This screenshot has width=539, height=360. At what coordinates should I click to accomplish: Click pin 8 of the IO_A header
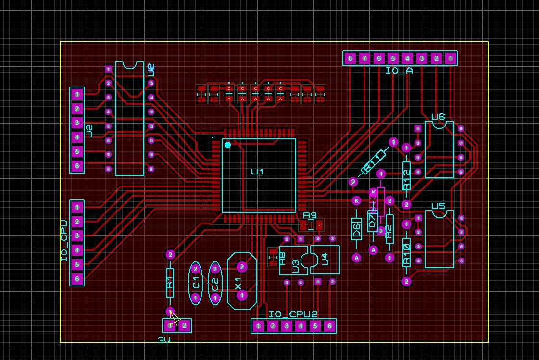click(350, 59)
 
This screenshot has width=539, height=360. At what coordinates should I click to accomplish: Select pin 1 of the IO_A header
click(451, 59)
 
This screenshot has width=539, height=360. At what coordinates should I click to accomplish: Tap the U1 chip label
click(258, 172)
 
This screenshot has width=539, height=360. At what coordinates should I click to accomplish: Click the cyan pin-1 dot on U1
click(228, 145)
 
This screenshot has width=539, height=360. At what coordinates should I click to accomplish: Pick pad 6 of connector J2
click(77, 166)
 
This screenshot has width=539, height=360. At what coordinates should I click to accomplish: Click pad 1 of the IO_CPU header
click(77, 207)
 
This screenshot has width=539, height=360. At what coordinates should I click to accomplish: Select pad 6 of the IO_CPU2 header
click(329, 326)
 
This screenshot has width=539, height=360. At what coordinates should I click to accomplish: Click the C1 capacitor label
click(196, 284)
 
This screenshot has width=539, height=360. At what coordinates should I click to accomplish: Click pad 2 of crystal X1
click(242, 266)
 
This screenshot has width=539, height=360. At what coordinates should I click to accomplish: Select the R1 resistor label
click(170, 289)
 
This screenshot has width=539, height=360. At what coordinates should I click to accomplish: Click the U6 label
click(438, 117)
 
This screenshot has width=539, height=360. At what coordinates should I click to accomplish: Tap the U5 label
click(438, 206)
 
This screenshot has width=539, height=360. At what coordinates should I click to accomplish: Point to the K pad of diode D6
click(356, 200)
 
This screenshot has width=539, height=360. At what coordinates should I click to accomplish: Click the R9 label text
click(310, 215)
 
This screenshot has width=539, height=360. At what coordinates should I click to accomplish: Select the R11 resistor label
click(374, 161)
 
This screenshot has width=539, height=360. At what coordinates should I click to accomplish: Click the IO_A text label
click(399, 71)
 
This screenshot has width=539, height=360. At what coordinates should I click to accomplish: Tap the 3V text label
click(164, 340)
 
